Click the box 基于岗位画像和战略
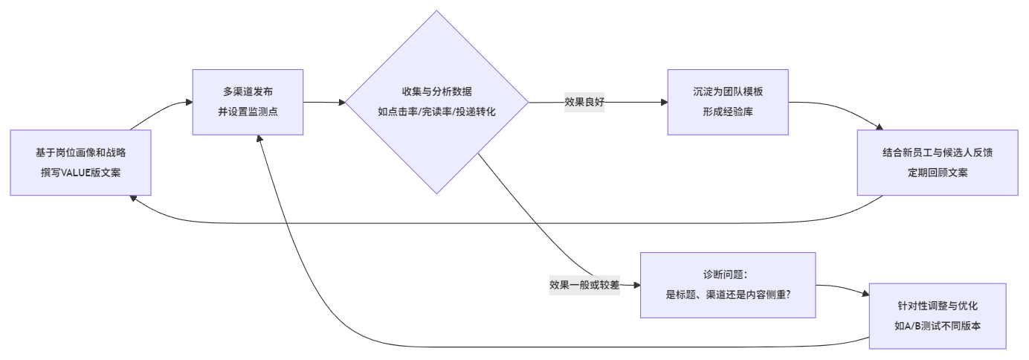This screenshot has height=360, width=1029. click(x=80, y=162)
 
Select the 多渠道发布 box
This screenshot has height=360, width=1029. click(x=248, y=102)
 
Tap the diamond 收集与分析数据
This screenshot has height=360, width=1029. click(x=436, y=102)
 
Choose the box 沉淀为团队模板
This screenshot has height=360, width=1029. click(x=727, y=102)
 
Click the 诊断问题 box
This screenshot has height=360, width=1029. click(x=728, y=285)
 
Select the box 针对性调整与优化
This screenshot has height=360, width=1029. click(x=937, y=315)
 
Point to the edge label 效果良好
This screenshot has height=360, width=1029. click(x=584, y=103)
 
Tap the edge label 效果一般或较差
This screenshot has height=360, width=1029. click(x=584, y=285)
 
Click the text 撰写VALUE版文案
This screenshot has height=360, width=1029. click(x=80, y=173)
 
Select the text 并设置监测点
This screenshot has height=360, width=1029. click(x=248, y=112)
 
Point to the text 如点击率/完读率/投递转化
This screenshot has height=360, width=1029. click(x=436, y=112)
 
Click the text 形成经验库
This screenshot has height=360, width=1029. click(x=727, y=112)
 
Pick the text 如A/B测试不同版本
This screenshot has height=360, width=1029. click(x=937, y=325)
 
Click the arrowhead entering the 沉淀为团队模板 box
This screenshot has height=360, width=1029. click(x=663, y=103)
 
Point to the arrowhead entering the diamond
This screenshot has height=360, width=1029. click(x=342, y=103)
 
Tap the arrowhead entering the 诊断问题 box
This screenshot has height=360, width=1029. click(x=636, y=285)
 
